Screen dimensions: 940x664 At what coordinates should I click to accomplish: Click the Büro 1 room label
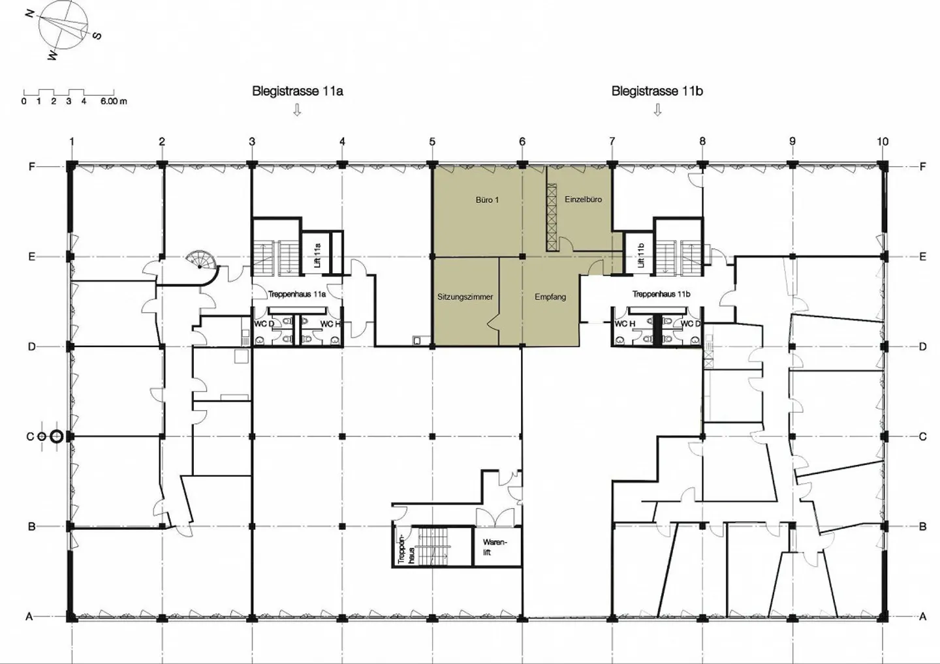coord(487,200)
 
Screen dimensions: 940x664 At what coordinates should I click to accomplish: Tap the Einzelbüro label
coord(583,200)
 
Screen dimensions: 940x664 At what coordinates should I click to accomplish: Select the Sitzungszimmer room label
coord(465,297)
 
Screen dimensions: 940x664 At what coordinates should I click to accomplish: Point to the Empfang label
coord(550,297)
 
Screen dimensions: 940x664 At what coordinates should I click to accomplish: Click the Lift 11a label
coord(317,255)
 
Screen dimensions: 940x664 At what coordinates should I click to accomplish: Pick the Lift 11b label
coord(640,255)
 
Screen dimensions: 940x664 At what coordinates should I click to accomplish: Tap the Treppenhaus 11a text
coord(296,294)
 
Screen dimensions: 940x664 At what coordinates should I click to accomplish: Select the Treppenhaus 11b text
coord(661,294)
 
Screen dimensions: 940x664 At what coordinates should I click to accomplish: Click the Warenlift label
coord(495,547)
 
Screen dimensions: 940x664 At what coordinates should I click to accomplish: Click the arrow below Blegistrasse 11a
coord(297,110)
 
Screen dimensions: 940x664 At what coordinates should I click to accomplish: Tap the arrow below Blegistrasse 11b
coord(657,110)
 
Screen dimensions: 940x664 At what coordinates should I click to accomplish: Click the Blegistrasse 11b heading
coord(657,91)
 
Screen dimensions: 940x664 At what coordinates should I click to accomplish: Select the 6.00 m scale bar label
coord(114,102)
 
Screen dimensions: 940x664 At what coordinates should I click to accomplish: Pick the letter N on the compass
coord(30,14)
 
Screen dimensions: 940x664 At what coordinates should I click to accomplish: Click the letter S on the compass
coord(97,36)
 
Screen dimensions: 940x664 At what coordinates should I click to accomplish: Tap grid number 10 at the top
coord(883,142)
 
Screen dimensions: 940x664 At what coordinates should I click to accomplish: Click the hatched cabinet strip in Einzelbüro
coord(551,217)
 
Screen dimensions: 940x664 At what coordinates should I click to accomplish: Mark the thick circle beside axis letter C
coord(56,437)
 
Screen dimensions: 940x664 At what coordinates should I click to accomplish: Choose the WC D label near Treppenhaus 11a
coord(264,324)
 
